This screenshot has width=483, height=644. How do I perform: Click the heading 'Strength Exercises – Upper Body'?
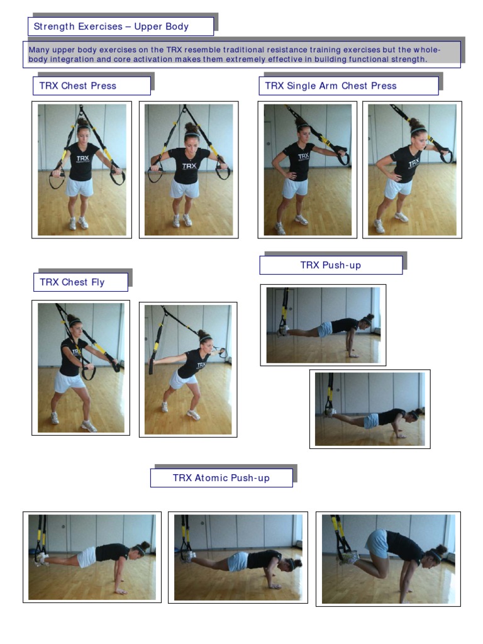(x=111, y=26)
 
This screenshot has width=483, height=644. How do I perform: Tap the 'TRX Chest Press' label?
(x=78, y=86)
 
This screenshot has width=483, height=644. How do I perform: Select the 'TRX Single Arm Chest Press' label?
(x=331, y=86)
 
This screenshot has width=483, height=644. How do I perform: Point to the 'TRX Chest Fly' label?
(x=72, y=282)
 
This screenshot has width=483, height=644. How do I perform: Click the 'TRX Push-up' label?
(x=331, y=265)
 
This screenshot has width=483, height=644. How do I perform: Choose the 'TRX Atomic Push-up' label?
(x=221, y=478)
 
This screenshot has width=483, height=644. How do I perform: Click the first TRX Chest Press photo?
(x=82, y=170)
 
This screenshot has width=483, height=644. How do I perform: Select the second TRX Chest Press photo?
(x=189, y=170)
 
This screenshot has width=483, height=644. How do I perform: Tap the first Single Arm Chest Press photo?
(x=308, y=170)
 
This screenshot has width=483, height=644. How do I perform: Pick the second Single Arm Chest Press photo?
(x=412, y=170)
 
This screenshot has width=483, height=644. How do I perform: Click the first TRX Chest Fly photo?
(x=81, y=368)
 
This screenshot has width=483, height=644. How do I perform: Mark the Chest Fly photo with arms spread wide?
(x=188, y=370)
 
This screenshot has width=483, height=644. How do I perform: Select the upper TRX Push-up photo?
(x=323, y=325)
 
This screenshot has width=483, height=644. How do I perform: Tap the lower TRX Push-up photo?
(x=370, y=409)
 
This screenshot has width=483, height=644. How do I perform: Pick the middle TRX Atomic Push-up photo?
(x=238, y=557)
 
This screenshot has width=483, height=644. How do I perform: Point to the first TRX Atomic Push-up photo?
(x=92, y=557)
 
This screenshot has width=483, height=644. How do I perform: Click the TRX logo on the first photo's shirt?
(x=82, y=158)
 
